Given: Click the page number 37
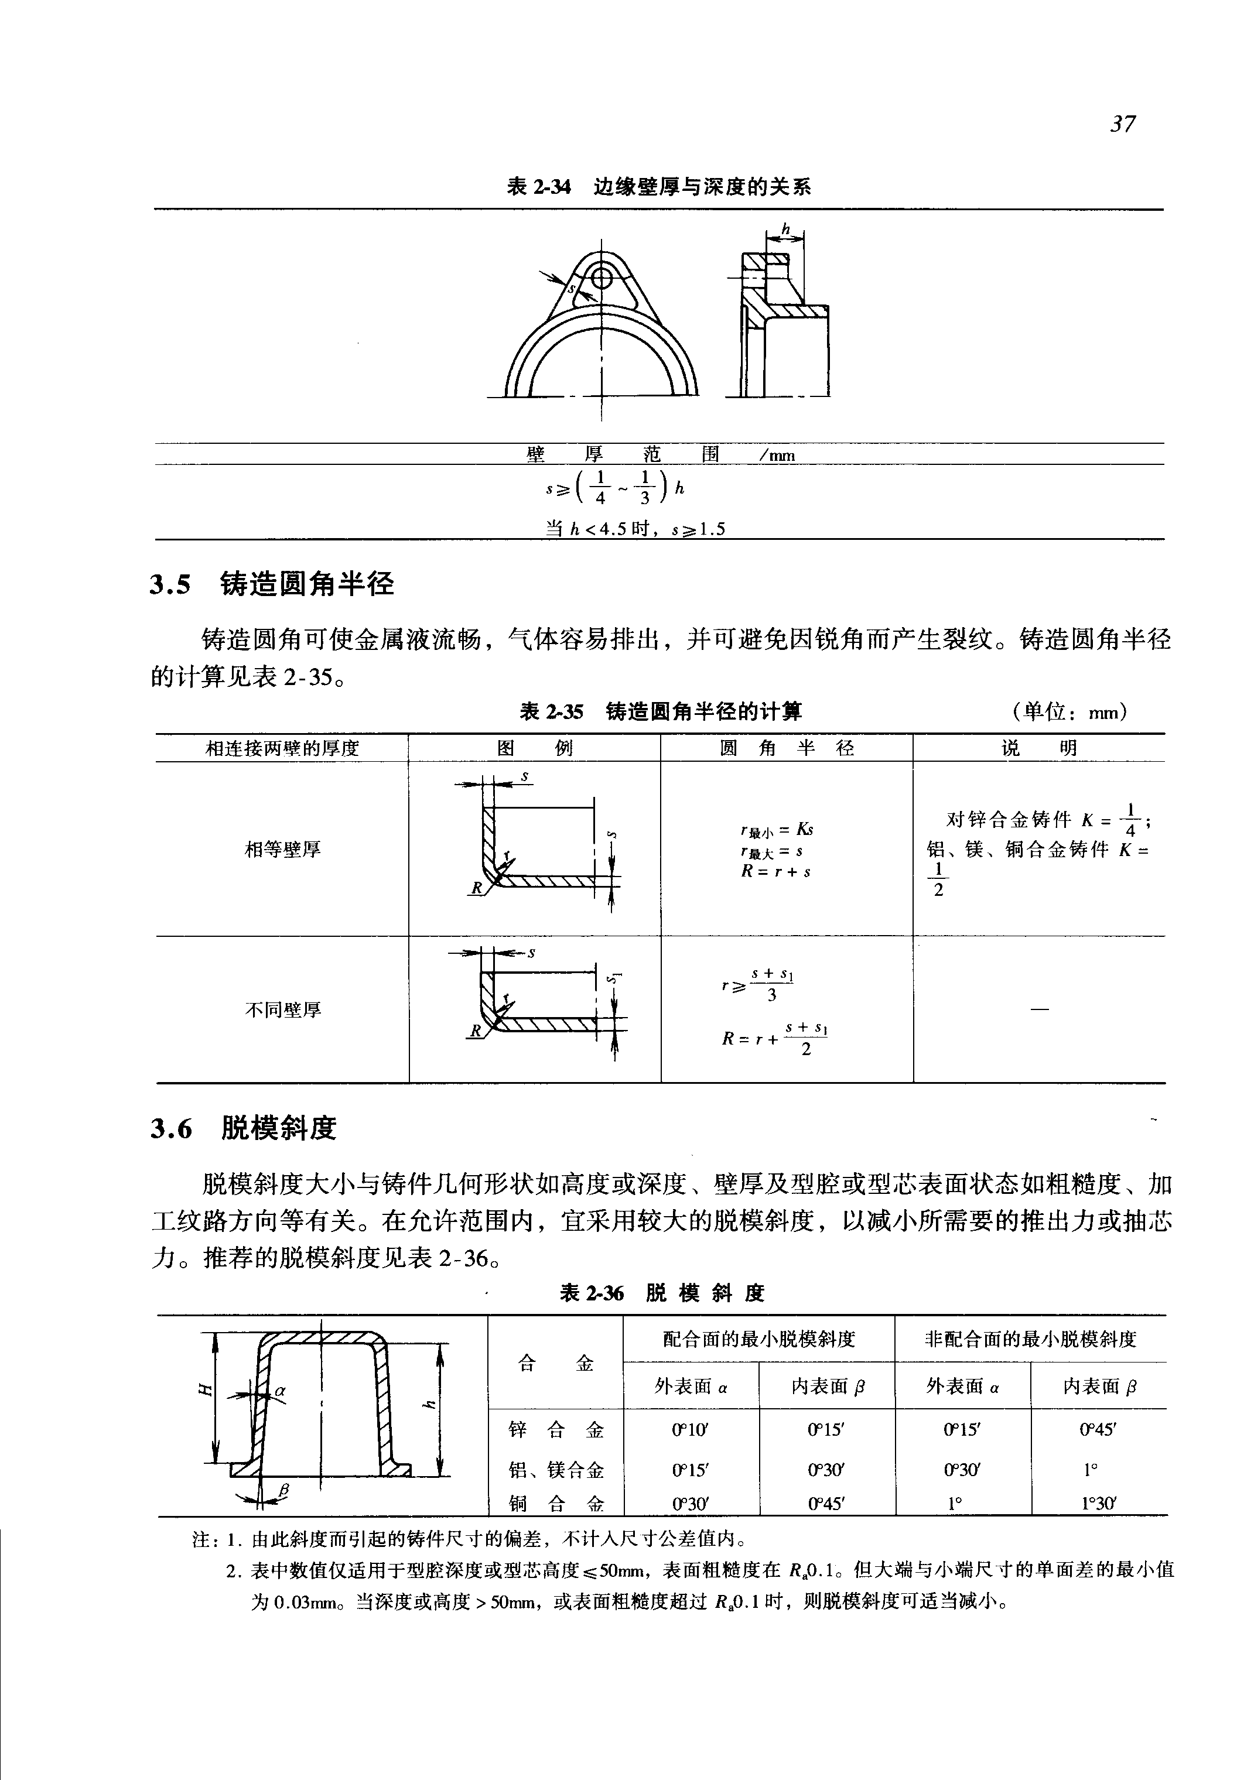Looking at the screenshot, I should coord(1123,124).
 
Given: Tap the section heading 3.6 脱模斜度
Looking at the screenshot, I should coord(244,1128).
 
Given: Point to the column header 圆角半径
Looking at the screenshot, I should coord(786,748).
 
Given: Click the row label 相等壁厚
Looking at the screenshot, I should coord(282,850).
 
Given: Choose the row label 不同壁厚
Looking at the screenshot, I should coord(282,1009).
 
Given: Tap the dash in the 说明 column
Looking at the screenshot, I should coord(1040,1009).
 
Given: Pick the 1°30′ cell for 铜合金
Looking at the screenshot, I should coord(1098,1504).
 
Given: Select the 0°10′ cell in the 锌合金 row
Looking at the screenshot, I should coord(691,1430).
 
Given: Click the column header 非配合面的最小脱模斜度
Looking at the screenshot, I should coord(1030,1339).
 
